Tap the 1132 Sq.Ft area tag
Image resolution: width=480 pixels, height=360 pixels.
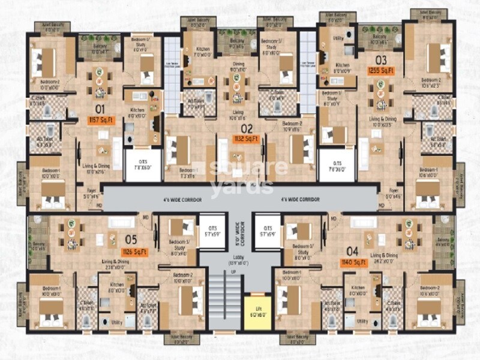[x=247, y=139]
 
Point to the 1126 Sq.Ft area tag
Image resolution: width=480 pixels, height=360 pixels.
[x=135, y=251]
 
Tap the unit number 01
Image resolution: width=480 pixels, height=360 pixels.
[x=100, y=109]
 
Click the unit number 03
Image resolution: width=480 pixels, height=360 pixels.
[x=380, y=59]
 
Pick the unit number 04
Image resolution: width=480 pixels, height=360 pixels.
[x=352, y=251]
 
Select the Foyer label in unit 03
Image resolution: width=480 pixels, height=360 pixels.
[x=393, y=193]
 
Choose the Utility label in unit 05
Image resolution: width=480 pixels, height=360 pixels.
[x=116, y=322]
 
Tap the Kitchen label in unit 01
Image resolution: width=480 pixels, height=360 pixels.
[x=137, y=110]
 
